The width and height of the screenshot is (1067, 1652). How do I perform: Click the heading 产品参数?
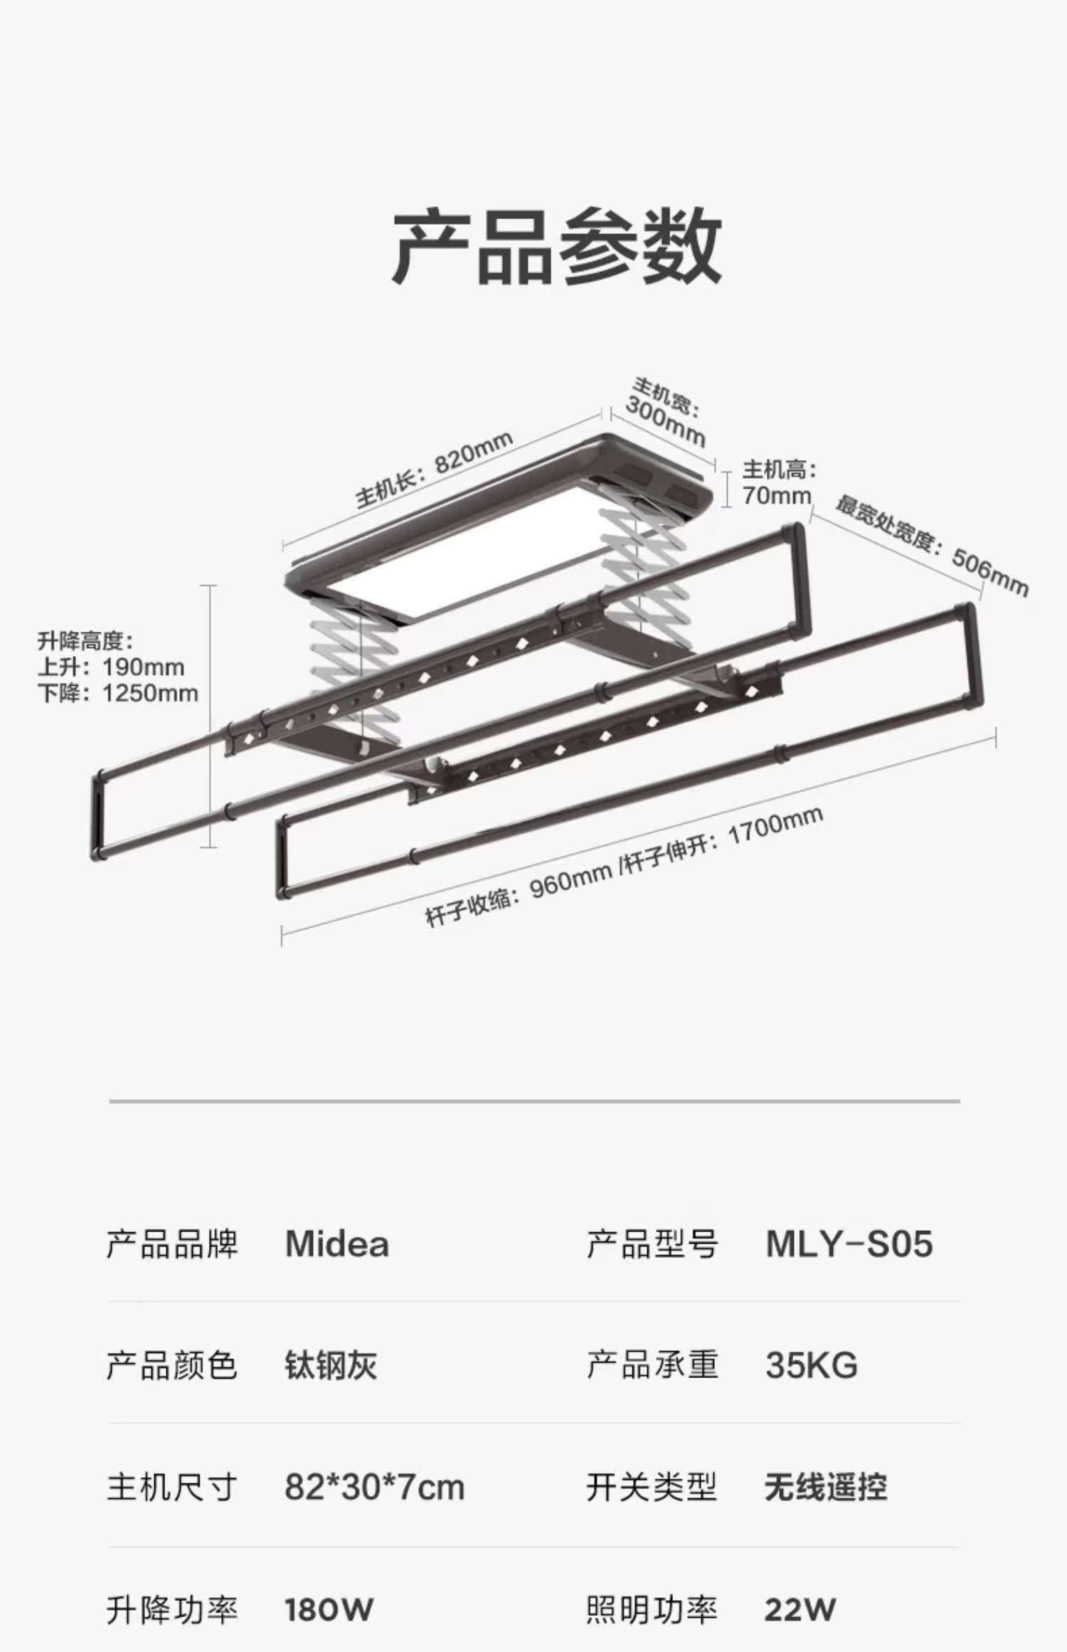coord(557,246)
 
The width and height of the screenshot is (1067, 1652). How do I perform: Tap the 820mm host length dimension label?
coord(473,453)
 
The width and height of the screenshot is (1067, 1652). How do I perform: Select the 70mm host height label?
coord(777,495)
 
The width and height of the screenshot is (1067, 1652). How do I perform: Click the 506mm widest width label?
coord(989,573)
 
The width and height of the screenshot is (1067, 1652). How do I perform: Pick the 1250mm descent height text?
coord(150,693)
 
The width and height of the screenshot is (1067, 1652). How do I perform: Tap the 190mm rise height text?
coord(143,667)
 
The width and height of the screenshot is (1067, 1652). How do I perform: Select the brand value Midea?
coord(336,1244)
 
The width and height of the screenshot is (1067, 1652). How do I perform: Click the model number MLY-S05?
coord(849,1244)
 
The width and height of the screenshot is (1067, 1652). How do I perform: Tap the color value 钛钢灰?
coord(331,1365)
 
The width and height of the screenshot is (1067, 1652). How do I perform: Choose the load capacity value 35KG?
coord(812,1365)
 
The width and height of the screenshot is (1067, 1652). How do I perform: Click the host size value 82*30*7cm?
coord(374,1488)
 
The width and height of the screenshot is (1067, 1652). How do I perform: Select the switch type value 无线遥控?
coord(826,1488)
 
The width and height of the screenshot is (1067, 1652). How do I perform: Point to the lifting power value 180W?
coord(329,1609)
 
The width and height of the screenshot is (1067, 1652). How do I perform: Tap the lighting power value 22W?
coord(800,1609)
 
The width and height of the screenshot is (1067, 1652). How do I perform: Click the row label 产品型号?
coord(652,1244)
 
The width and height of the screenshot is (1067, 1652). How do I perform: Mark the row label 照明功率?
coord(652,1609)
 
